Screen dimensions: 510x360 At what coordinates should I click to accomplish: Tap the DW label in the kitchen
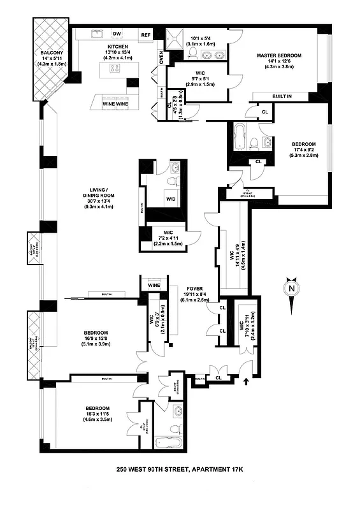tap(117, 34)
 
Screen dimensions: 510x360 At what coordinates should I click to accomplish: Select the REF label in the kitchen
tap(146, 35)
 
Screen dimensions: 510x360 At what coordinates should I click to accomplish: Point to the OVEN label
tap(161, 57)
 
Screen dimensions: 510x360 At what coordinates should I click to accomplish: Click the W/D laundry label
tap(172, 198)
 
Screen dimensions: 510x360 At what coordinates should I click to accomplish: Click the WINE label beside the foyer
tap(154, 285)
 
